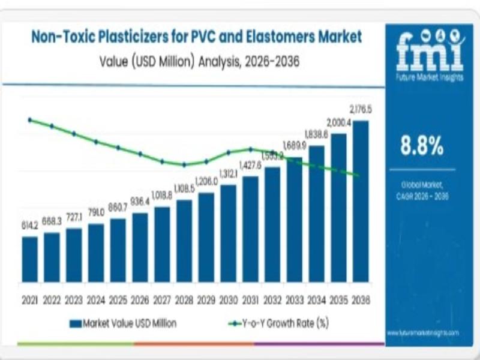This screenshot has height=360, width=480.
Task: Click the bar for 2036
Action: pos(361,201)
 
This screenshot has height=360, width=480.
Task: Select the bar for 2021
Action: pos(30,259)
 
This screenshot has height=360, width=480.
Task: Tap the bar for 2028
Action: pos(184,241)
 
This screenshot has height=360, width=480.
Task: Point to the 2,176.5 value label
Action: pos(361,110)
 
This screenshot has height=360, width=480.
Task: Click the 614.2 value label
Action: pos(29,226)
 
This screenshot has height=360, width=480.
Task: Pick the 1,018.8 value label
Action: pos(162,196)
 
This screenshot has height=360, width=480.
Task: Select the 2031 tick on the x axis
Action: pos(250,299)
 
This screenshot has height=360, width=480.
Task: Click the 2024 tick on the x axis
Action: pos(96,299)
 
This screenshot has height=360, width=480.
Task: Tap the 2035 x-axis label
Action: pos(338,299)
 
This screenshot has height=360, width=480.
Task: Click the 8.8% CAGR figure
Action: pos(422,145)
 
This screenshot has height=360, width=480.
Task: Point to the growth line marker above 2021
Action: pos(30,119)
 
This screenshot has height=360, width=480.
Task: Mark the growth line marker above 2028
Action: pos(184,164)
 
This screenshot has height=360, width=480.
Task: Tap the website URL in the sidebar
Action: pos(422,332)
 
